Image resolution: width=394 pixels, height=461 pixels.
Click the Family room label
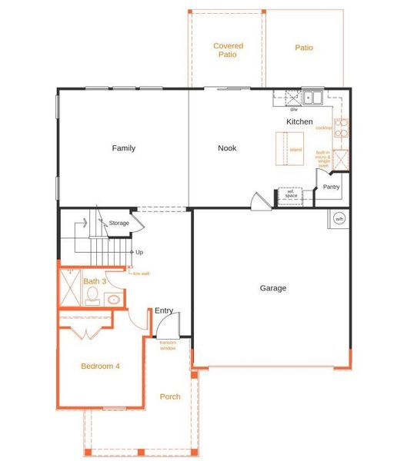tap(123, 148)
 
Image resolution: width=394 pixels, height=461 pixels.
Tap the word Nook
tap(227, 148)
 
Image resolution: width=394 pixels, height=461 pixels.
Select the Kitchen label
tap(299, 122)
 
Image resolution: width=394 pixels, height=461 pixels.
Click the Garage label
tap(272, 288)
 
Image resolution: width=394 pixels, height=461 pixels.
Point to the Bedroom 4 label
tap(100, 366)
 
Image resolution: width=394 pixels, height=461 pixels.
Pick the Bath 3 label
tap(95, 281)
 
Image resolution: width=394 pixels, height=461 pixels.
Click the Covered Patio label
tap(227, 51)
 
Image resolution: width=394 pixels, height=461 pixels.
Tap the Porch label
tap(170, 396)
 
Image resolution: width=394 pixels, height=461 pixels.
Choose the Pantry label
tap(332, 187)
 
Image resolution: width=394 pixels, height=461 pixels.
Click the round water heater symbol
tap(339, 219)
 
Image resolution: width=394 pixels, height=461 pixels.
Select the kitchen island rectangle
tap(289, 148)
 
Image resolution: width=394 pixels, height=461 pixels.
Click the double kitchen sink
tap(312, 98)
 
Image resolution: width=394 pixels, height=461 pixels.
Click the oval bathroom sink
tap(113, 300)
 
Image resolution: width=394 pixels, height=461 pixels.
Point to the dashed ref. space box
tap(291, 194)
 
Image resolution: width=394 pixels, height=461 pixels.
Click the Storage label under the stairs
tap(119, 223)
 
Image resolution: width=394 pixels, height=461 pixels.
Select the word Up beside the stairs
tap(139, 252)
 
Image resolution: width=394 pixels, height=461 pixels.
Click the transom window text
tap(168, 345)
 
